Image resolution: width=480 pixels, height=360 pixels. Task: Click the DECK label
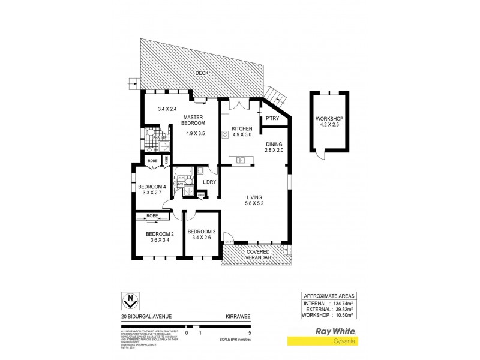(x=202, y=74)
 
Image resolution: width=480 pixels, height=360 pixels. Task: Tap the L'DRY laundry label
(x=209, y=182)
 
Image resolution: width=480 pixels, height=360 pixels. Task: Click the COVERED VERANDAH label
(x=256, y=254)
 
